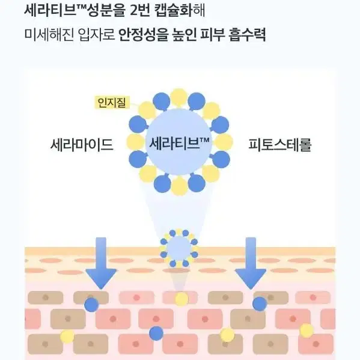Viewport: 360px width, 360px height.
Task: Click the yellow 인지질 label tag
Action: click(x=112, y=102)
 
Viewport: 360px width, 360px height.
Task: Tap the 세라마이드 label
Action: click(x=82, y=145)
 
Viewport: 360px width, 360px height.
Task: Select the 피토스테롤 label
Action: click(x=280, y=145)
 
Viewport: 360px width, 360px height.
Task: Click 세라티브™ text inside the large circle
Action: click(x=179, y=142)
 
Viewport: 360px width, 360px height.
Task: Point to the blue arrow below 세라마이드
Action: click(x=101, y=263)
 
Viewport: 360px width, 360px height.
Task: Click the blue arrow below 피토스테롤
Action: click(x=251, y=263)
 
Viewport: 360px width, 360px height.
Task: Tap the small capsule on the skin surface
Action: click(x=179, y=248)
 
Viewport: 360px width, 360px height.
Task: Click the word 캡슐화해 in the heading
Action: click(x=180, y=10)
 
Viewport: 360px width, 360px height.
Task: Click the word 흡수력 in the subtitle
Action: click(x=247, y=35)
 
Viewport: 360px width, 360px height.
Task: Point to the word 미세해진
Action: click(x=49, y=35)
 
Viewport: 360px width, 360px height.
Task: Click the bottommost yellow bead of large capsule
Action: click(x=179, y=186)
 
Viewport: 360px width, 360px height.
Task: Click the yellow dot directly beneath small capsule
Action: click(x=182, y=299)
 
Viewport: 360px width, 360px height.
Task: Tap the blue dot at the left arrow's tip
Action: click(x=91, y=305)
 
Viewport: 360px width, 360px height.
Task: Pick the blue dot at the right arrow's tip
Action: click(x=260, y=304)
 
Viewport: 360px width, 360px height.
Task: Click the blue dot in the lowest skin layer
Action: click(x=156, y=334)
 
